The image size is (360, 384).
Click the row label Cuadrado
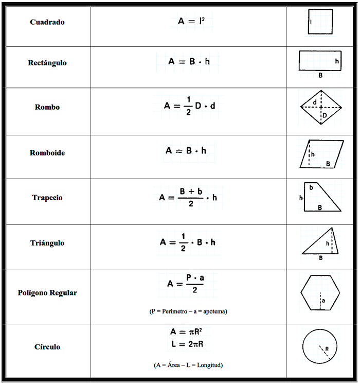(x=47, y=23)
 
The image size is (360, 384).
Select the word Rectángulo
(x=47, y=63)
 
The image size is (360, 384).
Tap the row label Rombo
(x=47, y=108)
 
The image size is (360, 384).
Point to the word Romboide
(x=47, y=153)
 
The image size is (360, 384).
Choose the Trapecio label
(x=47, y=198)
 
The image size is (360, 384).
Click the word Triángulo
(x=47, y=243)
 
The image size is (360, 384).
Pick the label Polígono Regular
(x=47, y=293)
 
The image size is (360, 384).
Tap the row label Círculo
(x=47, y=347)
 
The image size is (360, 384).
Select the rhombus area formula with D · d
(x=189, y=105)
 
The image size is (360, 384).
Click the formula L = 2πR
(x=189, y=344)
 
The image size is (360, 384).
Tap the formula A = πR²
(x=189, y=332)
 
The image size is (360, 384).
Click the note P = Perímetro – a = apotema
(x=189, y=311)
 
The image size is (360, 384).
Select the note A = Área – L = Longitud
(x=188, y=365)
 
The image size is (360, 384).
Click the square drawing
(x=320, y=22)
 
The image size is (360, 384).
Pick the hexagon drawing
(x=320, y=292)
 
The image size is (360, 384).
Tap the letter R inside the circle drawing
(x=327, y=348)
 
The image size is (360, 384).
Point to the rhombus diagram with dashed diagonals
(x=321, y=107)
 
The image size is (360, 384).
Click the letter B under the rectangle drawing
(x=320, y=75)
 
